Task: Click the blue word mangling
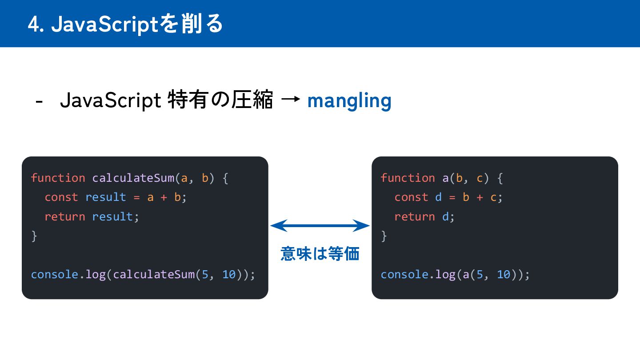click(x=349, y=101)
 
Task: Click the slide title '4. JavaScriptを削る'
click(x=125, y=24)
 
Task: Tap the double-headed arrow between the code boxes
click(x=320, y=226)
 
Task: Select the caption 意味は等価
click(x=320, y=254)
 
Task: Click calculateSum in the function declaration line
click(x=133, y=178)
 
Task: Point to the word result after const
click(x=106, y=197)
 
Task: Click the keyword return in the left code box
click(x=65, y=216)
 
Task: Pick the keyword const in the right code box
click(x=411, y=197)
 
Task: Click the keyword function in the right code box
click(x=408, y=178)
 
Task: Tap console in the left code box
click(x=55, y=274)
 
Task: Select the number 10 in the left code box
click(x=229, y=274)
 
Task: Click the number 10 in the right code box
click(x=503, y=274)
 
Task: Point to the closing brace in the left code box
click(x=34, y=236)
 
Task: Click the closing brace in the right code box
click(x=384, y=236)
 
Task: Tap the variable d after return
click(x=445, y=216)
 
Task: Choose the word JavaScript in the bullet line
click(x=110, y=101)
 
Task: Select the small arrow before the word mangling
click(x=290, y=100)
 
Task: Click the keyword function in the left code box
click(x=58, y=178)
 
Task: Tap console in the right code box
click(x=404, y=274)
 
